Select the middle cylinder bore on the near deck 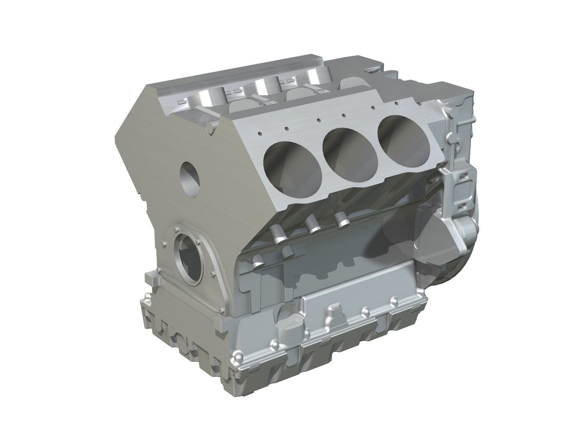coord(348,149)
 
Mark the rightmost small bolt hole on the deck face coord(396,103)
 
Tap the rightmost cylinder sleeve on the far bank coord(315,76)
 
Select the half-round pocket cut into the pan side coord(288,316)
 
